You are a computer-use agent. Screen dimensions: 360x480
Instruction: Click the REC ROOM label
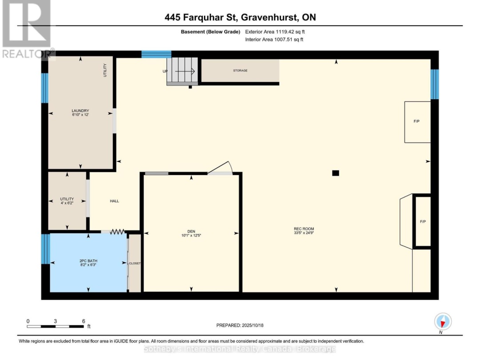tap(304, 228)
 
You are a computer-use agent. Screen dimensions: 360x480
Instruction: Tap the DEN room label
tap(191, 231)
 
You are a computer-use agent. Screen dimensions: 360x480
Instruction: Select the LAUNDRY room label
tap(80, 111)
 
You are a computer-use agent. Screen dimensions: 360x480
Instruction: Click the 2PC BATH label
tap(88, 261)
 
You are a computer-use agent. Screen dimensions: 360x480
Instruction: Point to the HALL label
tap(114, 201)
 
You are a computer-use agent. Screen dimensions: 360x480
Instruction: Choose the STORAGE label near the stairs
tap(240, 71)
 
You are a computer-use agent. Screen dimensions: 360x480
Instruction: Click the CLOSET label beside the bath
tap(135, 263)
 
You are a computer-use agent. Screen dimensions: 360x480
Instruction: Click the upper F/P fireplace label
tap(417, 121)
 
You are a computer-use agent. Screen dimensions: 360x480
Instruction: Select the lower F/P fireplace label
tap(423, 221)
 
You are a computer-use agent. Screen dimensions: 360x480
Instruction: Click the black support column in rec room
tap(336, 173)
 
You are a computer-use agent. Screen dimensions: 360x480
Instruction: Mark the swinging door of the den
tap(221, 168)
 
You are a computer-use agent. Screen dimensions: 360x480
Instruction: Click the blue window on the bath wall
tap(45, 249)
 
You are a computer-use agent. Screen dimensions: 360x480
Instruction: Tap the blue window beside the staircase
tap(156, 55)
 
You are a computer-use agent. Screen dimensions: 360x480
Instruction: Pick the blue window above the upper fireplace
tap(434, 84)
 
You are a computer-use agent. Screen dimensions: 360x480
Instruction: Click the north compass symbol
tap(443, 321)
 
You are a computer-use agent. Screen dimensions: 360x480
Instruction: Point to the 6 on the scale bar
tap(83, 320)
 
